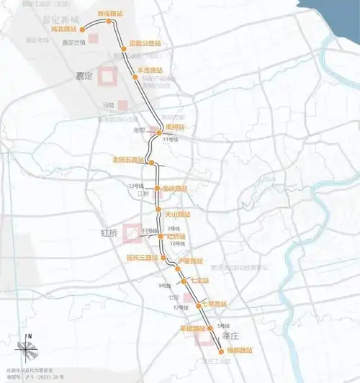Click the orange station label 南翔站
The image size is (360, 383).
175,127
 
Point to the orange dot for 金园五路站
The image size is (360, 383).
151,163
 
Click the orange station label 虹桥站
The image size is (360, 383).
176,236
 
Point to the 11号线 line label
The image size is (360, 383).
170,139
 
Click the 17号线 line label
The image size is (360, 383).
149,230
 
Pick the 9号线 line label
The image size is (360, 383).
164,287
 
